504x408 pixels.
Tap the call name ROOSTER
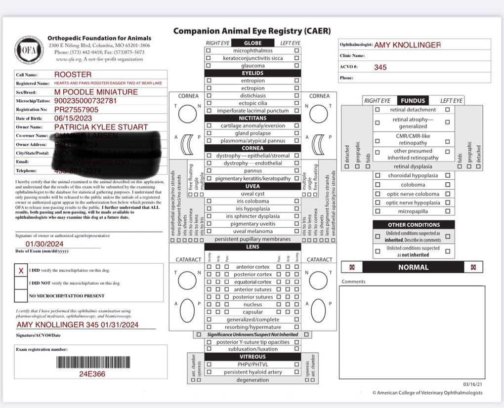coord(73,75)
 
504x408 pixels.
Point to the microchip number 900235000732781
coord(85,101)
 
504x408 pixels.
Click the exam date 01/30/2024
coord(44,244)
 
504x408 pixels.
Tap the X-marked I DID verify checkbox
coord(21,271)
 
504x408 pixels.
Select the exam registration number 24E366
coord(92,374)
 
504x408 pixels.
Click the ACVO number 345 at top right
coord(380,67)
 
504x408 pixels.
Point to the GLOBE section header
coord(252,43)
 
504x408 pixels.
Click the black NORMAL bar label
coord(413,267)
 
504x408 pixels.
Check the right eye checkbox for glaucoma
coord(208,66)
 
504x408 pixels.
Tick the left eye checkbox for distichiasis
coord(296,96)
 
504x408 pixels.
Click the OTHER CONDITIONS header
coord(414,225)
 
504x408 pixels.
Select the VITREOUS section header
coord(252,356)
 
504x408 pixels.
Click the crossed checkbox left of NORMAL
coord(352,267)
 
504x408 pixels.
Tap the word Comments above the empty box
coord(353,282)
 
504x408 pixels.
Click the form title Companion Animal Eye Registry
coord(252,31)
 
